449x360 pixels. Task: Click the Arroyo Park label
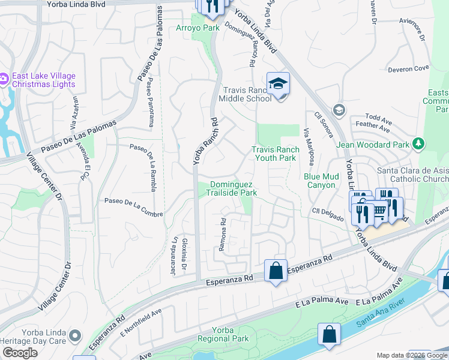197,28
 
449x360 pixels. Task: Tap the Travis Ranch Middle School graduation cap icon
278,83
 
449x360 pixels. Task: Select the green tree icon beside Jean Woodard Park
419,144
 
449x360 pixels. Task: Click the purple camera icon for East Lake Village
4,78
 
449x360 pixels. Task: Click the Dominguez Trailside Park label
232,188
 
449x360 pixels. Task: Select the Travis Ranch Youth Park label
275,154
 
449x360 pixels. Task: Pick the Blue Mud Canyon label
319,181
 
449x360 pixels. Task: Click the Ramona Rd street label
222,235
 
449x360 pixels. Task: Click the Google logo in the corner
20,353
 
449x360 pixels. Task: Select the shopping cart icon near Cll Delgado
379,211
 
